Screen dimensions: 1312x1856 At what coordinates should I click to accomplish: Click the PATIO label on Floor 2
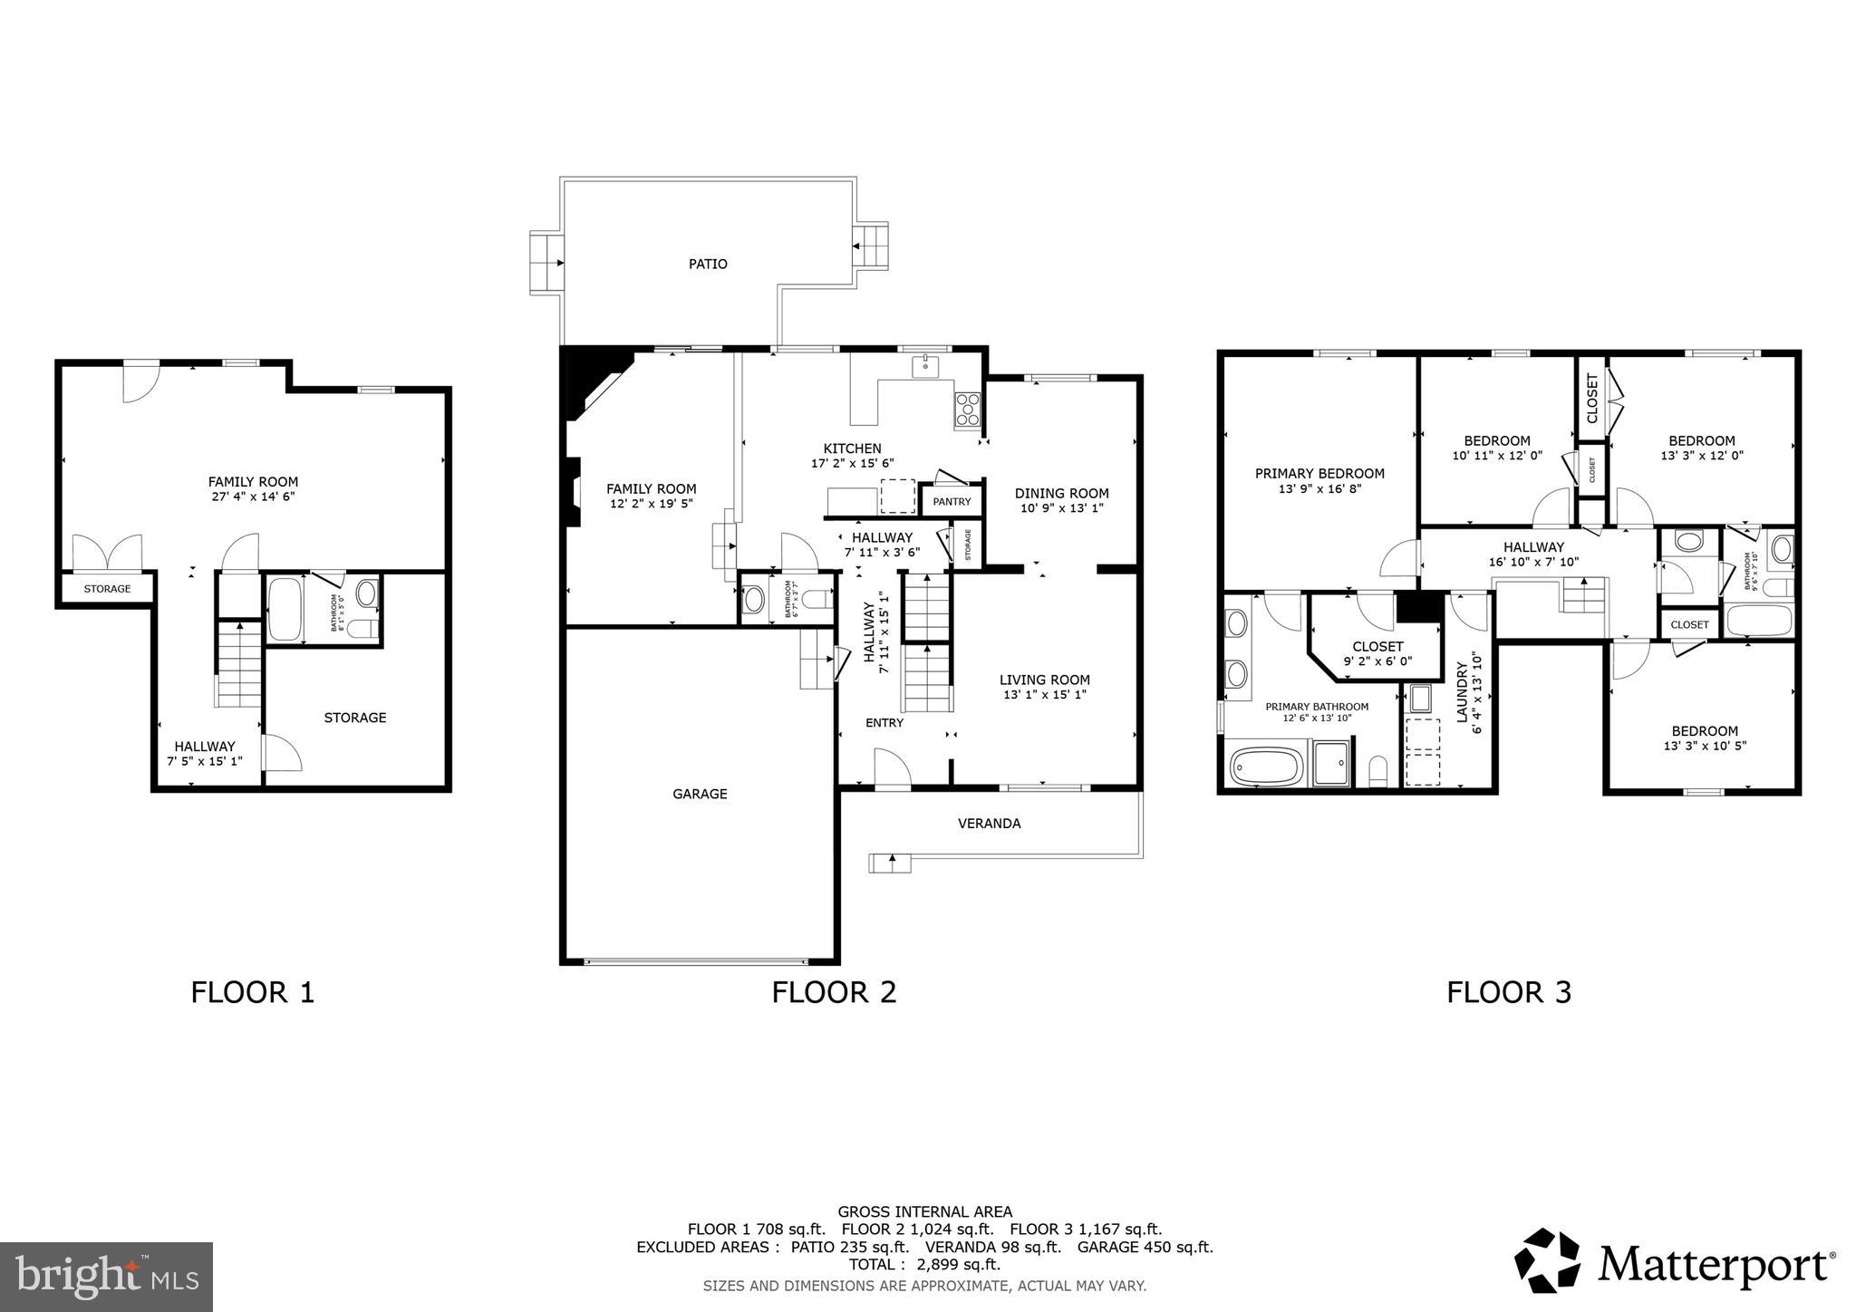[x=708, y=265]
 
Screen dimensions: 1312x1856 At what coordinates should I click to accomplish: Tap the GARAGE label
[x=700, y=794]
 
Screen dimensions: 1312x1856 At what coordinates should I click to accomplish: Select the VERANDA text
[x=989, y=824]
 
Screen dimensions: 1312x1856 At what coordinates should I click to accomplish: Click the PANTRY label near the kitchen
[x=952, y=502]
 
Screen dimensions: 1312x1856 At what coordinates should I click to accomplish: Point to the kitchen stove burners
[x=968, y=411]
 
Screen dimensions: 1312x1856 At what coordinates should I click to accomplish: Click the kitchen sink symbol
[x=925, y=367]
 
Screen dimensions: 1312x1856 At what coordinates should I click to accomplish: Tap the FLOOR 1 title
[x=252, y=992]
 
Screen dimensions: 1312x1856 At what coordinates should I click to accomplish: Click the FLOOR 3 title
[x=1508, y=992]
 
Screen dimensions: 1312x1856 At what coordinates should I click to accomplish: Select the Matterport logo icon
[x=1548, y=1260]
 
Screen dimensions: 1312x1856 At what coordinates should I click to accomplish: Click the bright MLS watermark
[x=107, y=1278]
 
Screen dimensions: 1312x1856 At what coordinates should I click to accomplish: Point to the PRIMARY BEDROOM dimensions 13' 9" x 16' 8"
[x=1319, y=488]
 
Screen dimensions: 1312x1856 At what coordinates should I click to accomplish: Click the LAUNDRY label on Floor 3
[x=1461, y=692]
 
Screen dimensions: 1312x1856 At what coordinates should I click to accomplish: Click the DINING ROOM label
[x=1061, y=494]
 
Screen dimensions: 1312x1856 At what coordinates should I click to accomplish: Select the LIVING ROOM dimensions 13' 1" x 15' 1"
[x=1044, y=695]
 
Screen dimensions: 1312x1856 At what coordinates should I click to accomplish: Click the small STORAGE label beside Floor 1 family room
[x=107, y=589]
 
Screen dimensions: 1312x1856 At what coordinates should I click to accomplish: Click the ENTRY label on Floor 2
[x=884, y=723]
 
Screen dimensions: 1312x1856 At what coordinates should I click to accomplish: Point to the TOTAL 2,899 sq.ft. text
[x=924, y=1265]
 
